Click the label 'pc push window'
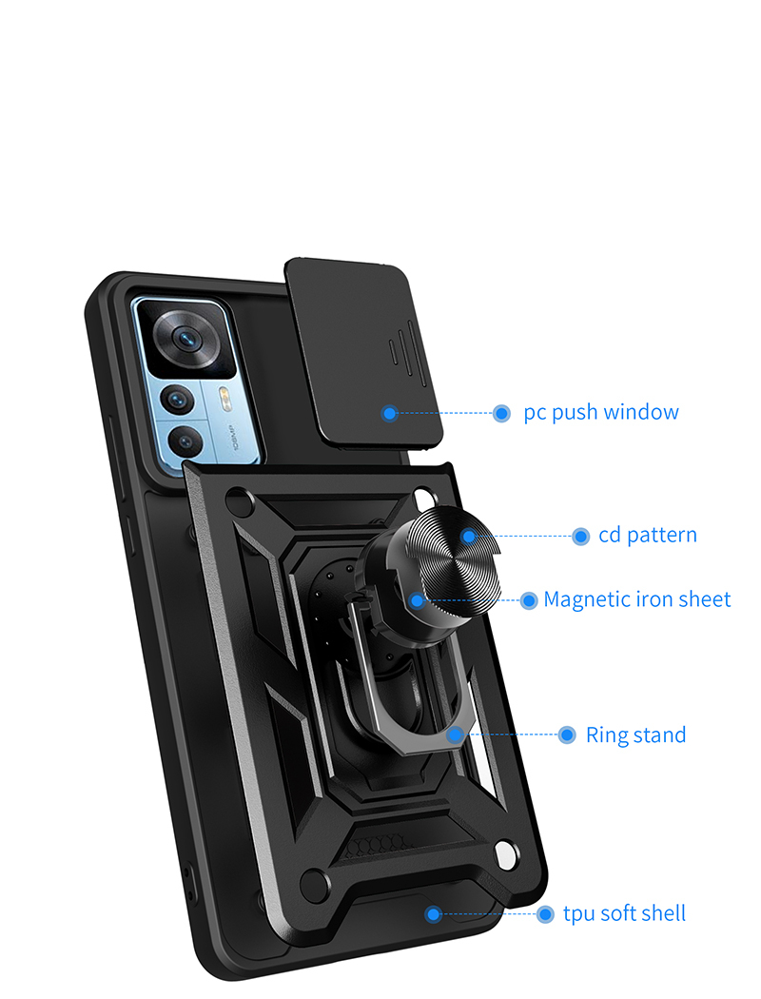[600, 412]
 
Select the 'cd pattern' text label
[647, 535]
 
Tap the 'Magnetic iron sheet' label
[636, 599]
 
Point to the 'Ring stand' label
[635, 735]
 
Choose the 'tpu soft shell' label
[624, 913]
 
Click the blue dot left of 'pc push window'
[502, 414]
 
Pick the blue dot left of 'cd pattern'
[580, 537]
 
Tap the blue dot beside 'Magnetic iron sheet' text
[529, 600]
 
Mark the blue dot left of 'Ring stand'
[567, 735]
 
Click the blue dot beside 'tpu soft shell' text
[544, 914]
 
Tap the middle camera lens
[178, 401]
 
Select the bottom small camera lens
[185, 441]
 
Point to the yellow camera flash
[224, 398]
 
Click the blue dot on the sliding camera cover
[390, 414]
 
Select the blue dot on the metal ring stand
[455, 735]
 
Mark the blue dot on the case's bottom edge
[433, 914]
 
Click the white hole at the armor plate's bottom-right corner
[506, 853]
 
